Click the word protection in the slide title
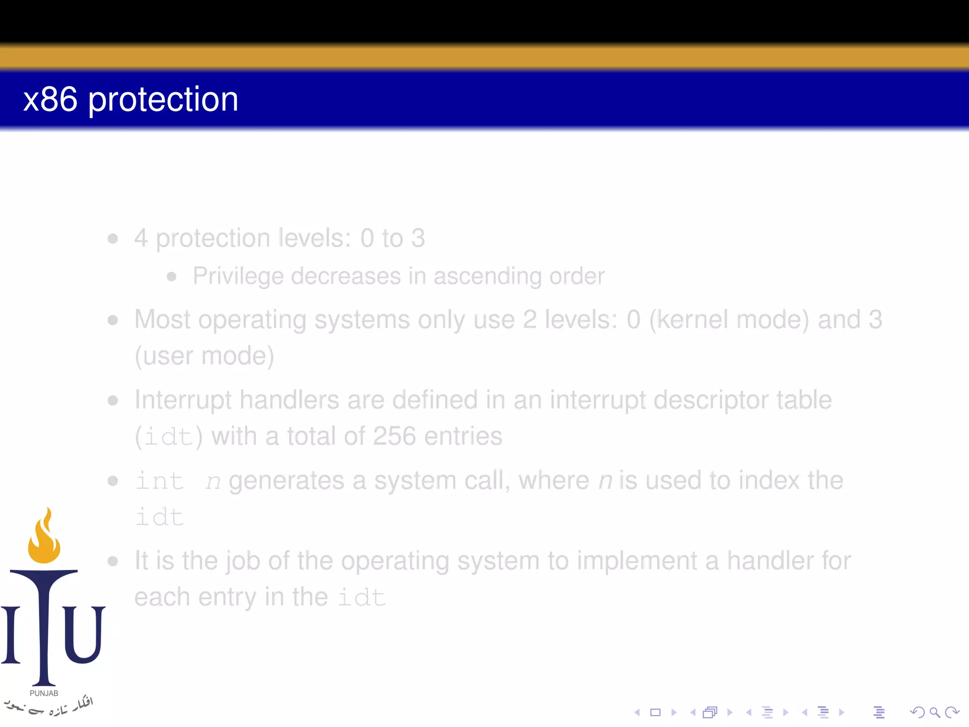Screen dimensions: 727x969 click(x=163, y=100)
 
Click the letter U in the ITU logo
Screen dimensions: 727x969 click(x=83, y=634)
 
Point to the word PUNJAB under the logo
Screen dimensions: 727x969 click(x=44, y=693)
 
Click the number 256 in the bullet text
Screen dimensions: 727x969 click(x=394, y=436)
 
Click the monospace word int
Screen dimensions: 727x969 click(x=159, y=481)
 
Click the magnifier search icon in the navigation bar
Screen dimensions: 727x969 click(x=934, y=712)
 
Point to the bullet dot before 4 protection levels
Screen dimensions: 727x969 click(x=113, y=238)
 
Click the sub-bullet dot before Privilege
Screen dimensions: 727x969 click(x=172, y=276)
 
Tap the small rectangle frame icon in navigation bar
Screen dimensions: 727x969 click(x=655, y=712)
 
